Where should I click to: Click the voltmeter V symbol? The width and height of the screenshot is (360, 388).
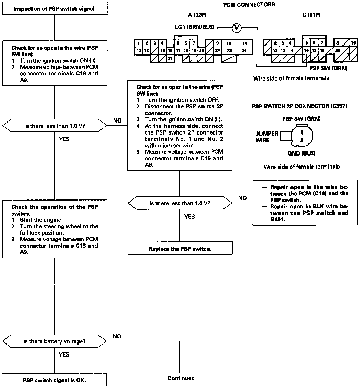click(x=237, y=27)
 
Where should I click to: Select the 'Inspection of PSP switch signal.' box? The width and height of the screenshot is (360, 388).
click(x=55, y=9)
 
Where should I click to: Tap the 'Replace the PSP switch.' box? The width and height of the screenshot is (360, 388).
click(x=180, y=249)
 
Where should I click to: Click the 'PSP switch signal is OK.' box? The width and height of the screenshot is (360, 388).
click(x=54, y=380)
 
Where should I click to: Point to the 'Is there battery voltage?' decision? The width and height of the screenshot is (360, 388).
click(x=54, y=341)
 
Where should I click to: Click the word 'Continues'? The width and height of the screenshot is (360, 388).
click(x=181, y=378)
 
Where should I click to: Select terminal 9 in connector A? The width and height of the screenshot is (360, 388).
click(x=217, y=43)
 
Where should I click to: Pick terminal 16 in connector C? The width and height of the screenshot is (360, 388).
click(x=306, y=51)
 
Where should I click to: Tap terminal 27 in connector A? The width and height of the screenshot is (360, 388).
click(x=170, y=58)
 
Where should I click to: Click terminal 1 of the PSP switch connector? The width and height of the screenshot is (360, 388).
click(x=302, y=132)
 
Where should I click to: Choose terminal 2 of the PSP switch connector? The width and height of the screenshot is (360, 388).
click(x=302, y=141)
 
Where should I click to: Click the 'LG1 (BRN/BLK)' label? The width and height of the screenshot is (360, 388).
click(x=195, y=27)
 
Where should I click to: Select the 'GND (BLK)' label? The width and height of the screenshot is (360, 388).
click(x=301, y=153)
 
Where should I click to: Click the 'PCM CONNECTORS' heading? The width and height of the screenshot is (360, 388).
click(x=249, y=5)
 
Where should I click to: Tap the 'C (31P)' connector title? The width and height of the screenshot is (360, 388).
click(x=311, y=15)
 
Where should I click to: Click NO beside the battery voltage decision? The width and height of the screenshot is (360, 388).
click(x=117, y=336)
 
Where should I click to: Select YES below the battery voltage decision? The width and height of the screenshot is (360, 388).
click(x=64, y=354)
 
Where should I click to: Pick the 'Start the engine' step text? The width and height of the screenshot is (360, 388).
click(x=41, y=220)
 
